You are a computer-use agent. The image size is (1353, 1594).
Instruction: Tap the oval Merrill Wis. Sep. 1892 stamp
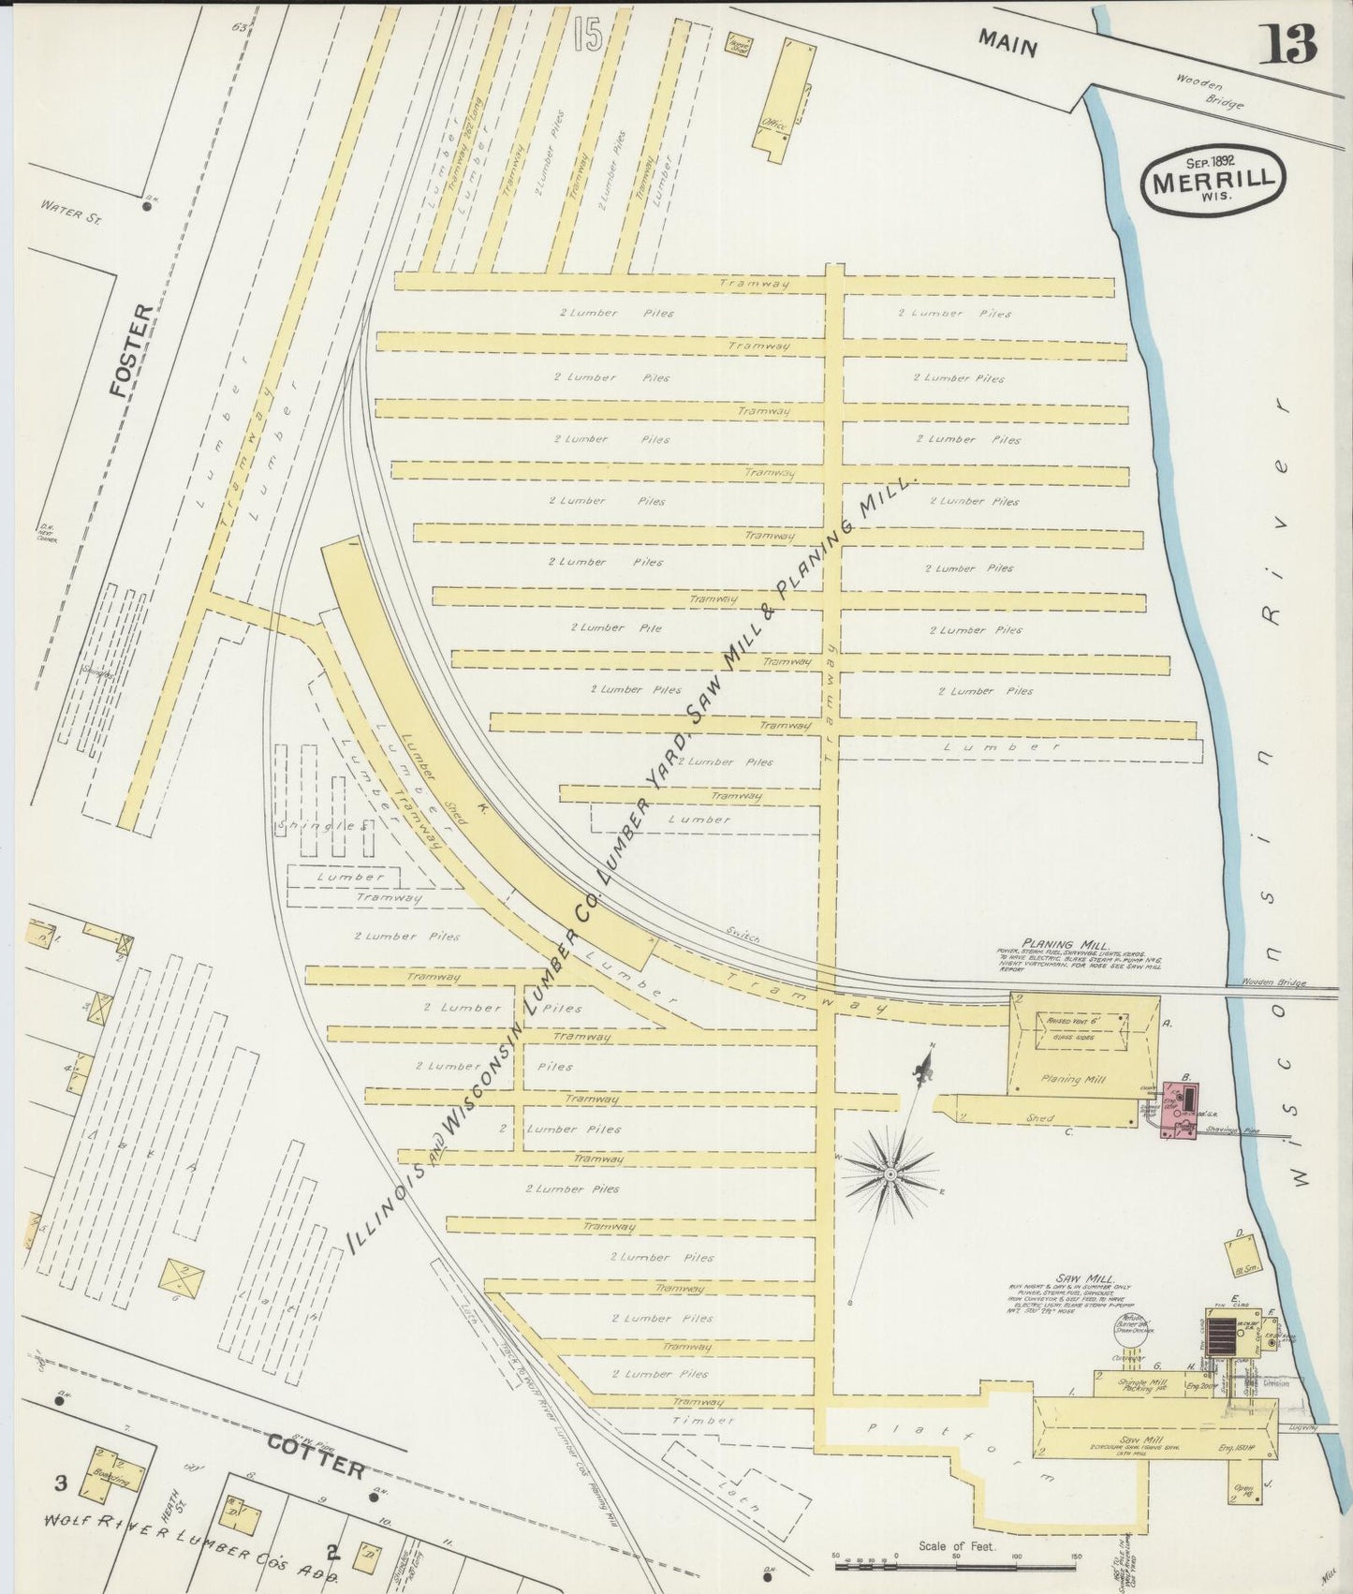[x=1213, y=180]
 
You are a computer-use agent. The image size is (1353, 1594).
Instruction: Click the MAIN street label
[x=1007, y=43]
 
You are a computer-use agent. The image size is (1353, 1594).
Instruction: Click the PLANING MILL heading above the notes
[x=1066, y=945]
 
